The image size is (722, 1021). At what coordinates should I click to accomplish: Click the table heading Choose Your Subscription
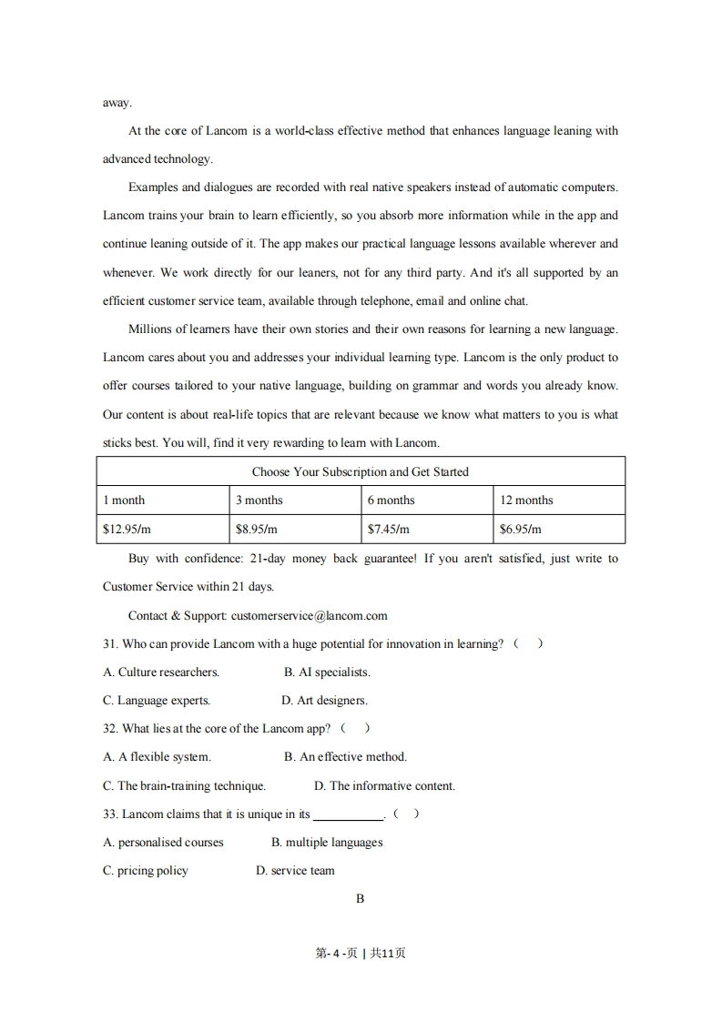tap(360, 471)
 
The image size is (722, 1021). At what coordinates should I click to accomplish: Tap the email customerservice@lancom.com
tap(309, 615)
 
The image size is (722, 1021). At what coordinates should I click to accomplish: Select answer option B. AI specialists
tap(327, 672)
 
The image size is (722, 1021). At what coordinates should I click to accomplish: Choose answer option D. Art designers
tap(325, 700)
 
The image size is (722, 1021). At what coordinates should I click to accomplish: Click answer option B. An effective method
tap(345, 756)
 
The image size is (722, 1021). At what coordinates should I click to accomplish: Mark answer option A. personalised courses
tap(163, 842)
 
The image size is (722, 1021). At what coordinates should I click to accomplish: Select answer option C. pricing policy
tap(146, 870)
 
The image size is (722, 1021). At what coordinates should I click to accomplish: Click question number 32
tap(110, 728)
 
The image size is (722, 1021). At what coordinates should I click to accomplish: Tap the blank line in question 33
tap(348, 815)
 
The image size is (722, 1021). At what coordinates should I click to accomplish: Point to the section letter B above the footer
tap(361, 898)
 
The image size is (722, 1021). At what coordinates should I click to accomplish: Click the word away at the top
tap(117, 102)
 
